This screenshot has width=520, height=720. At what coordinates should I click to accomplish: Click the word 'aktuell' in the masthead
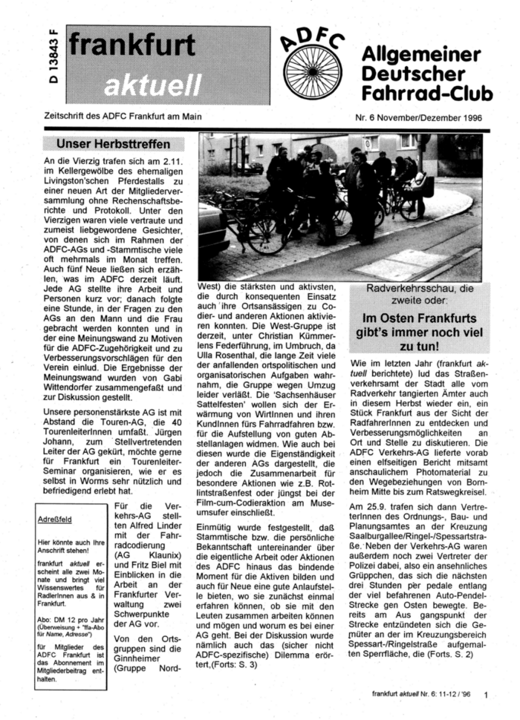click(152, 85)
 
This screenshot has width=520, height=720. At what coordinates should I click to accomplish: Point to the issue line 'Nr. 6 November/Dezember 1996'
click(422, 117)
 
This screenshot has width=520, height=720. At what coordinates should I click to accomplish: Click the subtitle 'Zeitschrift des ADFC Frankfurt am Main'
click(123, 116)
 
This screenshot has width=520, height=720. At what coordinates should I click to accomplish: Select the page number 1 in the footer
click(484, 696)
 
